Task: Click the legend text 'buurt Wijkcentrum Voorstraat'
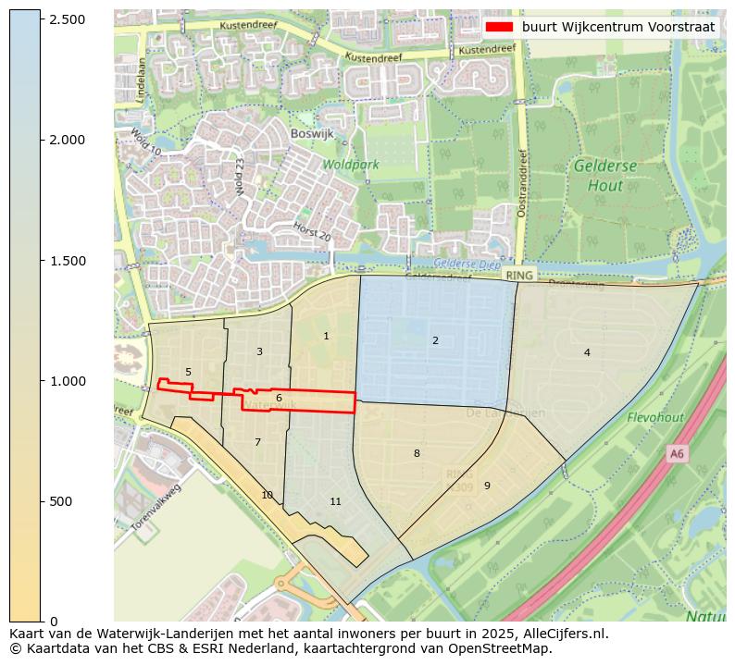(x=618, y=28)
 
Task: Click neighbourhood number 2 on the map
(x=435, y=340)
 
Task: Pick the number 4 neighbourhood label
(x=587, y=352)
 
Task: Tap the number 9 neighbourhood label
(x=487, y=486)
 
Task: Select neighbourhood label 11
(x=335, y=501)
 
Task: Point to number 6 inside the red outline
(x=279, y=398)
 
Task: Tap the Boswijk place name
(x=312, y=133)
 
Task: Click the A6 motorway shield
(x=677, y=453)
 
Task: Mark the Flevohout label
(x=654, y=417)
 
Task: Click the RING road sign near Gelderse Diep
(x=518, y=275)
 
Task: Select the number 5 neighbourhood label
(x=188, y=372)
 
